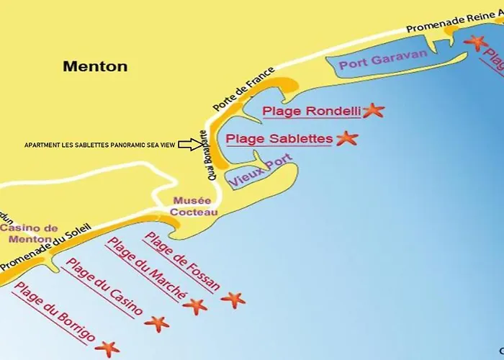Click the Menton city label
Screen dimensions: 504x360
(95, 66)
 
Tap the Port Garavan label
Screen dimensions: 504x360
(374, 61)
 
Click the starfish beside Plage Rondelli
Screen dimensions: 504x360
(373, 110)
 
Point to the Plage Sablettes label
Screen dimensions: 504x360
(279, 138)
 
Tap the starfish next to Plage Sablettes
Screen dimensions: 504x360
(347, 138)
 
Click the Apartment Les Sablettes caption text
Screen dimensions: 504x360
(99, 145)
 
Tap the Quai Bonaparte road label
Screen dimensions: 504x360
(204, 157)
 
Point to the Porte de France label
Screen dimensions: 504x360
(244, 89)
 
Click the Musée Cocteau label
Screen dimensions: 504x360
(191, 206)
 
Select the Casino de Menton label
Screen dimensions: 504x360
(30, 234)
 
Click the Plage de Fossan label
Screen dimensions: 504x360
(181, 261)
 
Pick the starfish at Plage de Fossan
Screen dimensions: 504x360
(233, 299)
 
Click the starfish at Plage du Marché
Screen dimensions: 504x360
(194, 306)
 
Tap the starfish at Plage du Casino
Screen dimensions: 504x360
(156, 323)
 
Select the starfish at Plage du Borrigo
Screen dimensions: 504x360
(107, 349)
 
